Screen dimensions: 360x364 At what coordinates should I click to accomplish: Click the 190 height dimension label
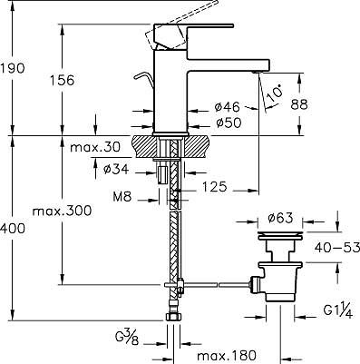[12, 68]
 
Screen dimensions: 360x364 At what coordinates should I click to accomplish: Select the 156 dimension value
[62, 80]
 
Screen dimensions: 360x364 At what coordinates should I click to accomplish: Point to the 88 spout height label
[299, 104]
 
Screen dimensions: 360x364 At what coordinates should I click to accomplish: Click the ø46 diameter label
[227, 106]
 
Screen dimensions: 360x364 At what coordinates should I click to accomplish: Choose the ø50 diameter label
[229, 123]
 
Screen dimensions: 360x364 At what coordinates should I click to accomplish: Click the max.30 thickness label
[95, 147]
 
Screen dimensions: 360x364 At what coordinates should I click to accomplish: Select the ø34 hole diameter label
[116, 169]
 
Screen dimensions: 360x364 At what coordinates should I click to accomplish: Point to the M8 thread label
[122, 197]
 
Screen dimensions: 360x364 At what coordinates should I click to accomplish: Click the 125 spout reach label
[214, 187]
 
